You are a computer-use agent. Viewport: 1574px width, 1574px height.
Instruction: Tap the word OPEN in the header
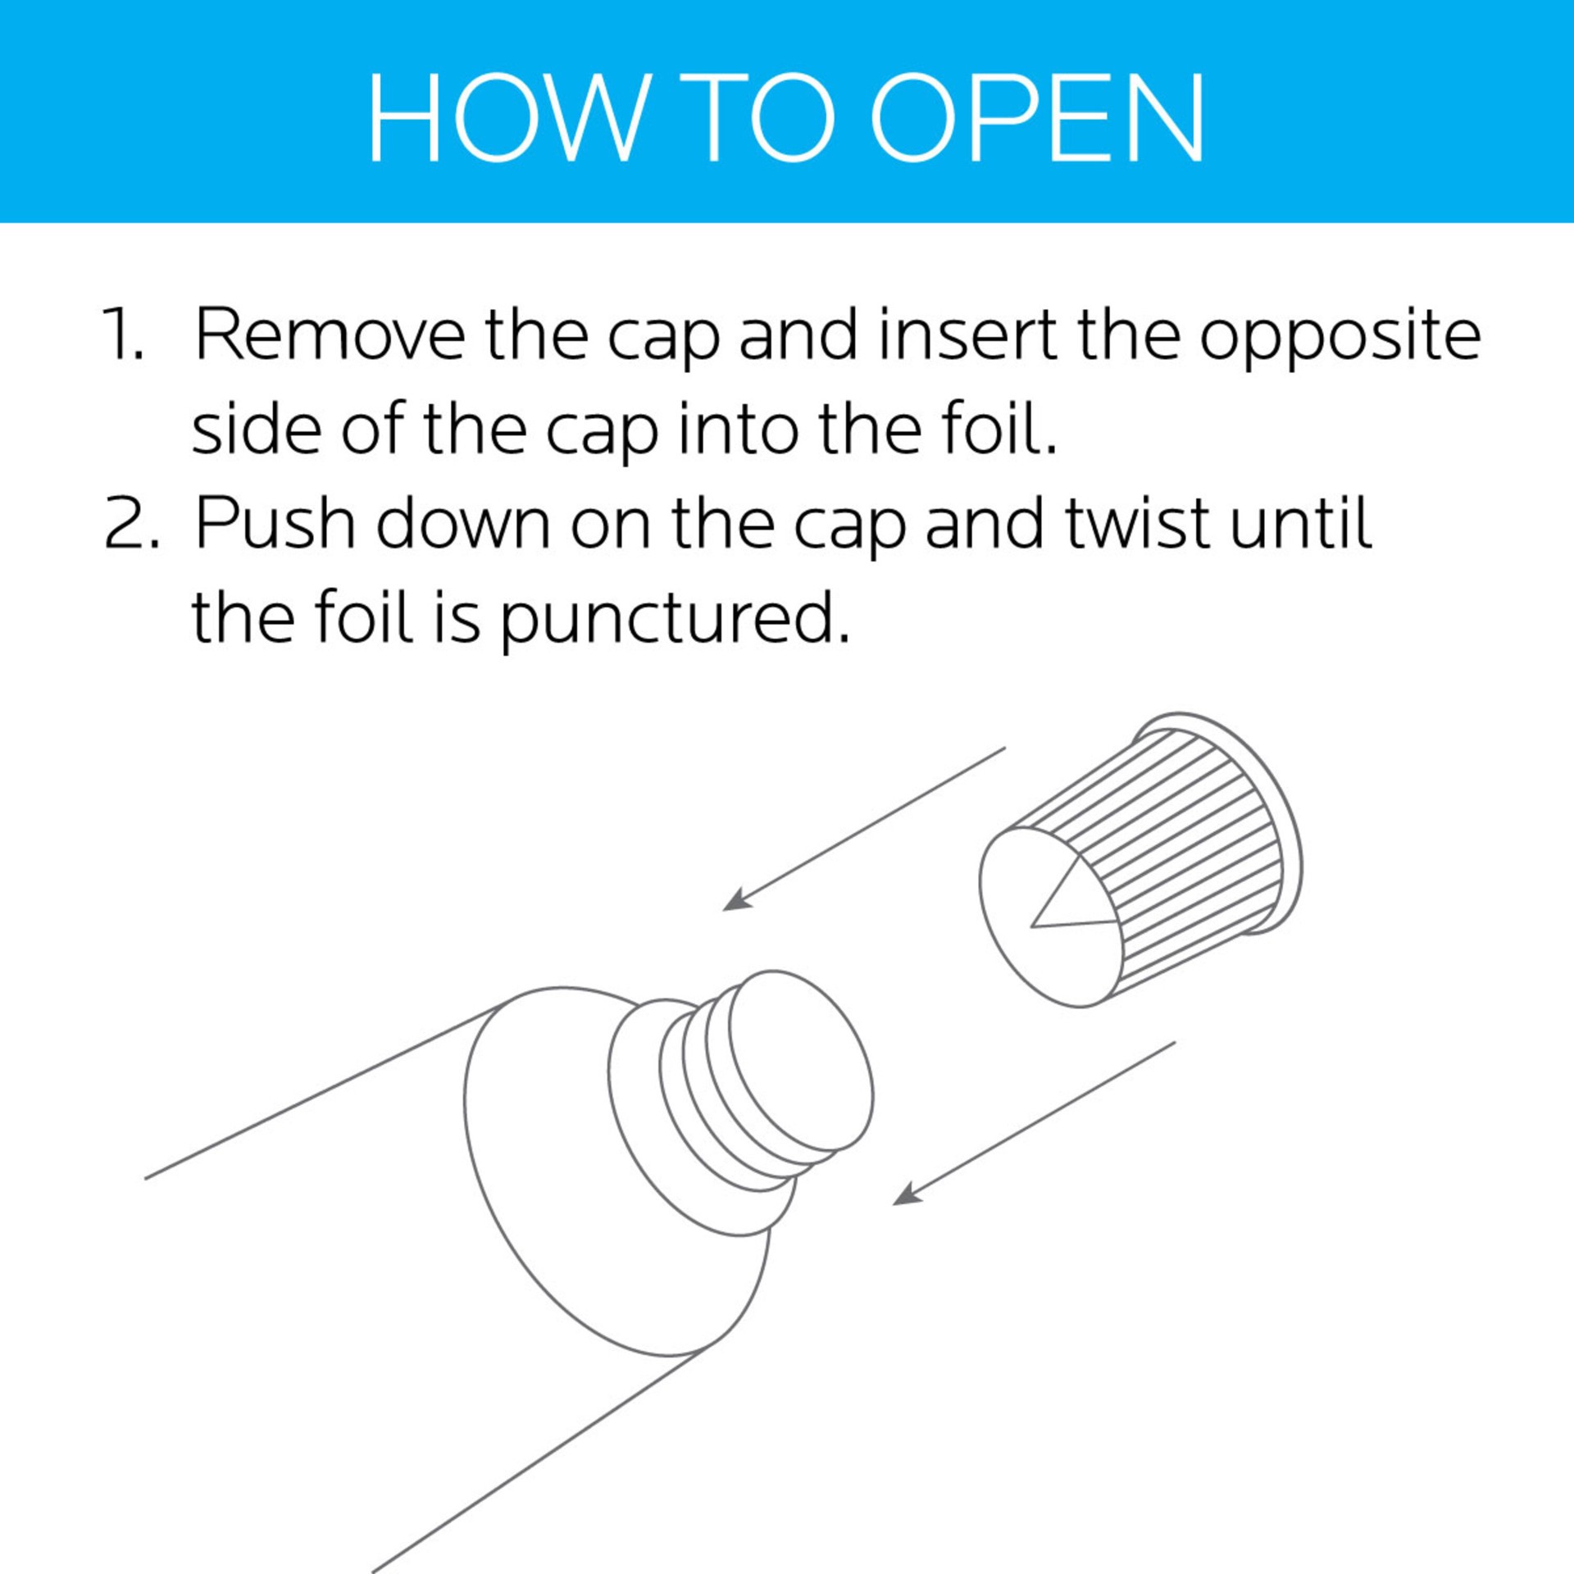tap(1036, 117)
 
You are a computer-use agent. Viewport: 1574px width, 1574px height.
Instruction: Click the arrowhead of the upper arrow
tap(736, 899)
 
